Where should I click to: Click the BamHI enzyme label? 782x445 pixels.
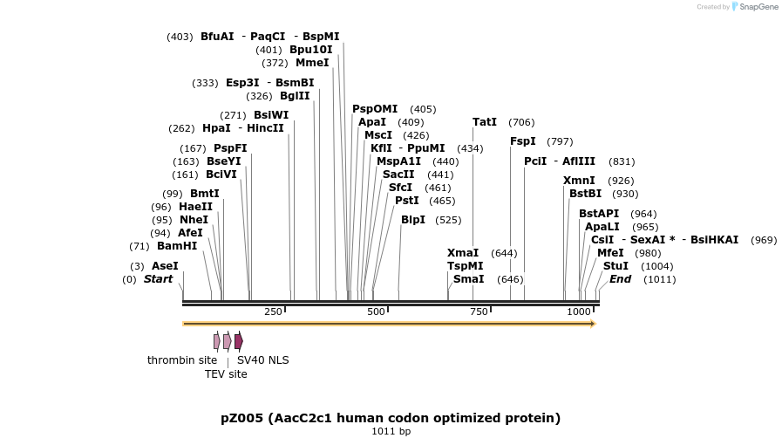177,246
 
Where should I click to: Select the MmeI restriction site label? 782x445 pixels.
312,63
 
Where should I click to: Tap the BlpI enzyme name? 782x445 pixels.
413,220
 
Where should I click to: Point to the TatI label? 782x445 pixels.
485,122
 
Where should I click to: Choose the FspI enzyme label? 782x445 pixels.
523,141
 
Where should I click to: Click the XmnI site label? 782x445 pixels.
579,181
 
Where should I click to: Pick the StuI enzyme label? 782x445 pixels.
615,266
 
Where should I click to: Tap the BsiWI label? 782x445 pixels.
271,115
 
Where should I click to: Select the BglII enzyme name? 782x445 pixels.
295,96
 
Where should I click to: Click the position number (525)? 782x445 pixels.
448,220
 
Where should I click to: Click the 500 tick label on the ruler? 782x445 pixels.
376,312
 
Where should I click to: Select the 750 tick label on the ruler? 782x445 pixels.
479,312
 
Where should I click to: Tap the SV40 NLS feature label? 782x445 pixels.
262,360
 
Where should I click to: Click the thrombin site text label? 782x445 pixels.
182,360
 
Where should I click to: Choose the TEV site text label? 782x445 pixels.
226,374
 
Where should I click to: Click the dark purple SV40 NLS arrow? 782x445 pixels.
238,341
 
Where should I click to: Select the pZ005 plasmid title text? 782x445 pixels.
391,418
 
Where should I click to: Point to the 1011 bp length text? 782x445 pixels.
391,431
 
